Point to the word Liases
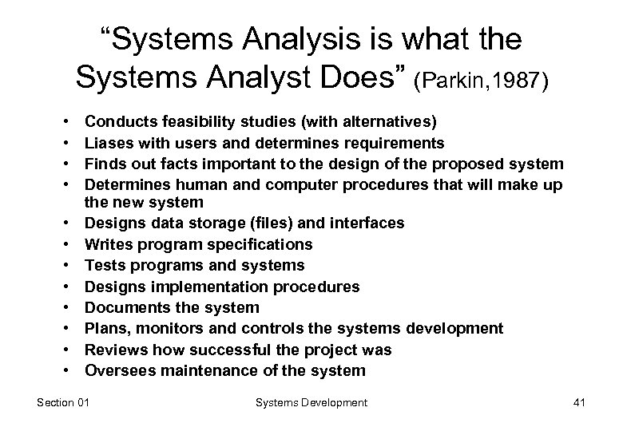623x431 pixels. click(107, 143)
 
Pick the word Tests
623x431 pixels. click(105, 265)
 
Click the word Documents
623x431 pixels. click(122, 307)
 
